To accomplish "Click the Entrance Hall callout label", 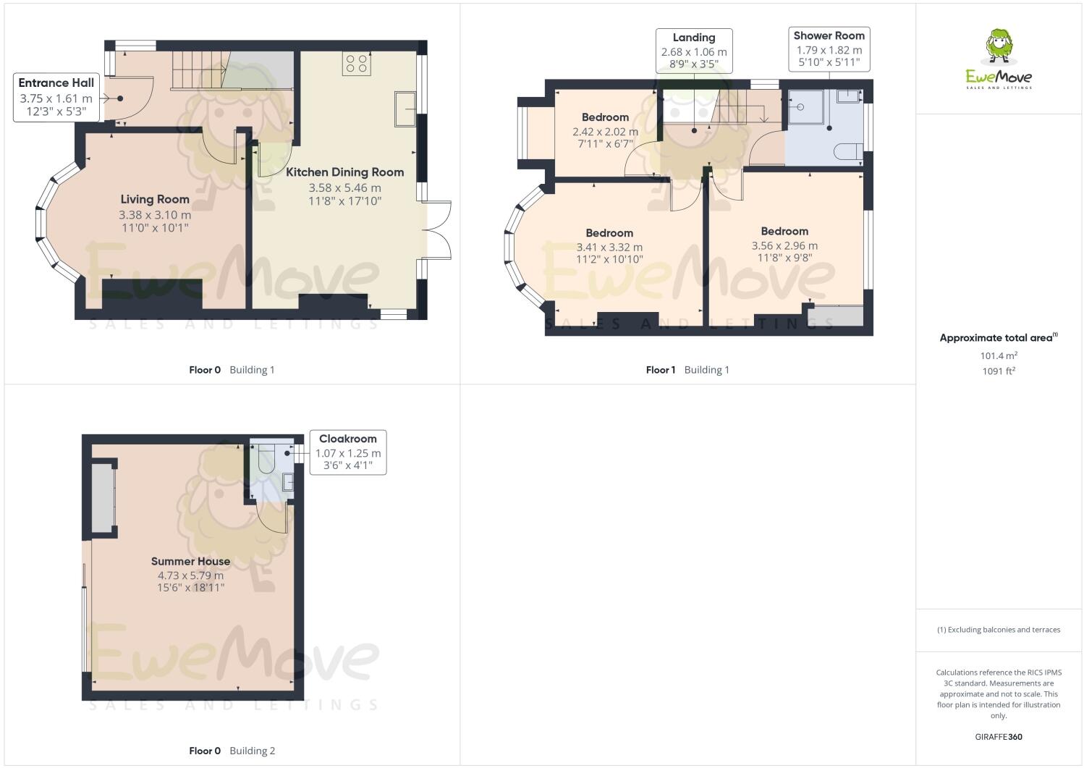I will click(x=56, y=97).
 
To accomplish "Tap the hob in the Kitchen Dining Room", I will click(x=356, y=63).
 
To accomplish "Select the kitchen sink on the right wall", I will click(x=405, y=109).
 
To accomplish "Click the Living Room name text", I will click(x=155, y=199).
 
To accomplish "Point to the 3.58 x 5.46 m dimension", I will click(x=344, y=187).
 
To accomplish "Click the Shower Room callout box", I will click(x=829, y=48).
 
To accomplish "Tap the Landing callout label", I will click(x=694, y=51).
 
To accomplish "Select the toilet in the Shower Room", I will click(x=848, y=151).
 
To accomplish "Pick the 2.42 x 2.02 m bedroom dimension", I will click(x=605, y=132).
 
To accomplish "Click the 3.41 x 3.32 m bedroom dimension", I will click(x=609, y=247).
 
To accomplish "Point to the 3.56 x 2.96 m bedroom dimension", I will click(x=784, y=245).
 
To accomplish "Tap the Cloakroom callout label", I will click(x=347, y=452).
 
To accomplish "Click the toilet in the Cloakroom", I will click(x=266, y=459).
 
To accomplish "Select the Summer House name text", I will click(x=190, y=561).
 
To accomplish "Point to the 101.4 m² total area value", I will click(x=999, y=355).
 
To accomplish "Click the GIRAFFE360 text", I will click(x=999, y=737).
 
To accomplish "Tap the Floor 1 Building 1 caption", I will click(x=687, y=370).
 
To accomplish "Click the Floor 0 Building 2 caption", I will click(x=232, y=751).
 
